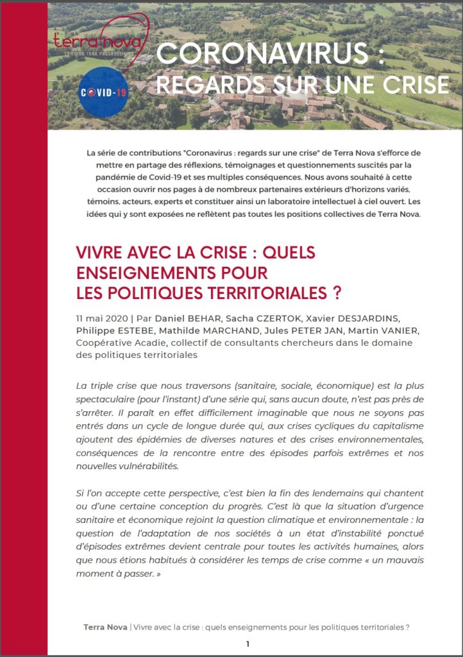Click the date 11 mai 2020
click(x=100, y=319)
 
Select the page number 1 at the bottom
click(x=248, y=643)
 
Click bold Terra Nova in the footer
click(x=105, y=626)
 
